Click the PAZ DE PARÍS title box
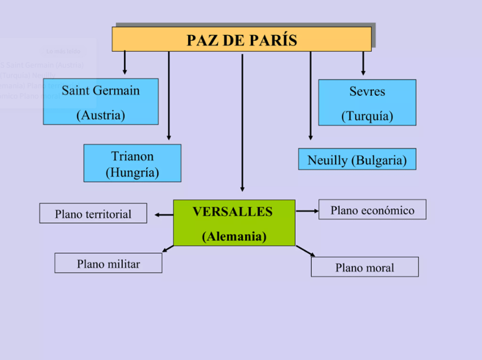click(241, 39)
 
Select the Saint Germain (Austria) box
click(100, 102)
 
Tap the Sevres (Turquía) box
click(367, 103)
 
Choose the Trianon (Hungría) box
click(132, 163)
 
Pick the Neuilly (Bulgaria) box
click(357, 160)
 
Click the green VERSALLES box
click(234, 223)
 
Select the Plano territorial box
click(93, 213)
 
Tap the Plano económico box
click(372, 210)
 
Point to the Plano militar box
click(108, 263)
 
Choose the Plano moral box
click(365, 267)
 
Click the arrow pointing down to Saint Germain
click(125, 62)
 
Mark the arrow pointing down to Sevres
click(363, 63)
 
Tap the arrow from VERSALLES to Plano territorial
click(164, 215)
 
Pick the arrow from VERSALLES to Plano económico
click(307, 210)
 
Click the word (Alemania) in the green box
click(234, 236)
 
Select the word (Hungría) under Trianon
click(132, 172)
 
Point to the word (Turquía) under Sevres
click(367, 116)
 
